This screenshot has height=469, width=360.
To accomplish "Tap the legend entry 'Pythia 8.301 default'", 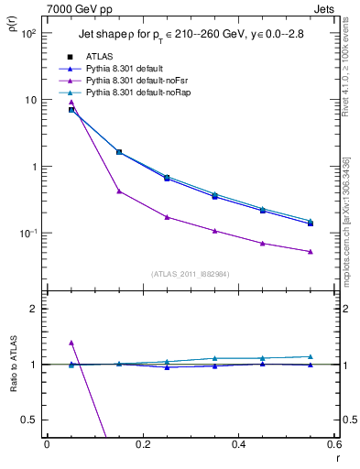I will tap(124, 68).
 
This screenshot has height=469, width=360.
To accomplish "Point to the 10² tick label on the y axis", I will tap(28, 33).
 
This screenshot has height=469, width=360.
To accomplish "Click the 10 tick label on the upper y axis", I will tap(30, 100).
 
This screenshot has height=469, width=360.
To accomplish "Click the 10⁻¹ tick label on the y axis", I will tap(27, 234).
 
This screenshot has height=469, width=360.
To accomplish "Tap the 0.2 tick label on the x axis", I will tap(143, 444).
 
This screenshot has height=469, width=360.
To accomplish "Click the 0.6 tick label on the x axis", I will tap(334, 444).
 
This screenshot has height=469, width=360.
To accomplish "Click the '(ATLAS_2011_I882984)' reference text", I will tap(191, 273).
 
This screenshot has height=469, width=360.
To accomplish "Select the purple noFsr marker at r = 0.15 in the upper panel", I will tap(119, 191).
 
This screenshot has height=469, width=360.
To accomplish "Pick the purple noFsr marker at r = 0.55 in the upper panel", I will tap(311, 251).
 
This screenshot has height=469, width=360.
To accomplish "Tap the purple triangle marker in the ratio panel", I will tap(71, 343).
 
